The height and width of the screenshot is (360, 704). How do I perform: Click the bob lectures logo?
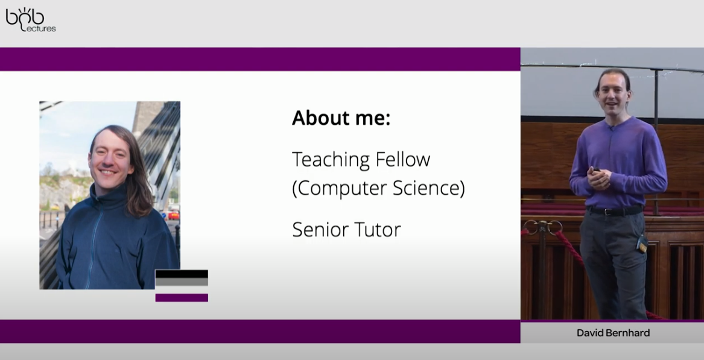pyautogui.click(x=31, y=19)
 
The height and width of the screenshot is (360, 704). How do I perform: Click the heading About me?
pyautogui.click(x=341, y=118)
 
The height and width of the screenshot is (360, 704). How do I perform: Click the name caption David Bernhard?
pyautogui.click(x=613, y=333)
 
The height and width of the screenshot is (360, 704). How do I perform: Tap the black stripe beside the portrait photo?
pyautogui.click(x=182, y=274)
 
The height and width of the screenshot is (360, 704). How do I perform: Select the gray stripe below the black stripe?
pyautogui.click(x=182, y=282)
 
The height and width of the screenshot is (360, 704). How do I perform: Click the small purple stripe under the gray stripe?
pyautogui.click(x=182, y=298)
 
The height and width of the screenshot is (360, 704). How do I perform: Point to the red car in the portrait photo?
pyautogui.click(x=173, y=215)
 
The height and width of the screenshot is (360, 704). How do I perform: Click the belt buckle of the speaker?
pyautogui.click(x=608, y=212)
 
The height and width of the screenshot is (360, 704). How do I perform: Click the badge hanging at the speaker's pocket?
pyautogui.click(x=642, y=246)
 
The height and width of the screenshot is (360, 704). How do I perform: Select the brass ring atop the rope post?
pyautogui.click(x=543, y=227)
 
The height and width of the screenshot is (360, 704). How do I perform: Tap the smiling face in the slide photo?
pyautogui.click(x=109, y=159)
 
